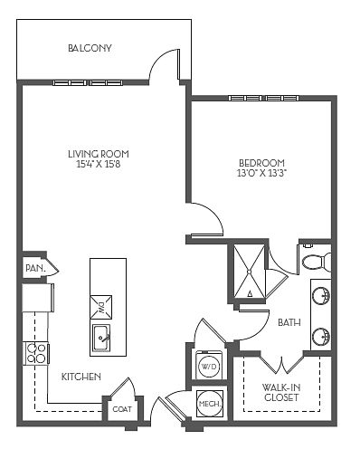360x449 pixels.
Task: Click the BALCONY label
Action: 90,48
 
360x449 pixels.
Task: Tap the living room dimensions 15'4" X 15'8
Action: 99,165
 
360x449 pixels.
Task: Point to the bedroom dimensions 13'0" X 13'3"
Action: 261,174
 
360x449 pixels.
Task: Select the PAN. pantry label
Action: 35,268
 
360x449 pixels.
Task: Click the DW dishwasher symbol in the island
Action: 101,307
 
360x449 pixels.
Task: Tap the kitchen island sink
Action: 101,338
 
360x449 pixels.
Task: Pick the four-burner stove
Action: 36,354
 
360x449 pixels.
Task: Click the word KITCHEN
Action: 81,377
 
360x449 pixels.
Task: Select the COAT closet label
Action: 122,409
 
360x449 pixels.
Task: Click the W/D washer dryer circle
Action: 209,367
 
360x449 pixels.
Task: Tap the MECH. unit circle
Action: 210,404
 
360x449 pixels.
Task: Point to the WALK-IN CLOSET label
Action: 281,392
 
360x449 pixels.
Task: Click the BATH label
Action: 289,322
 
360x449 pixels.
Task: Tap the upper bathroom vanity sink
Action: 321,294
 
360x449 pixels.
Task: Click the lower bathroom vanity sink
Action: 321,337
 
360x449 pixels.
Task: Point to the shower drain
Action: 249,272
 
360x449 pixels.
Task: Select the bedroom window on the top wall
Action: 263,98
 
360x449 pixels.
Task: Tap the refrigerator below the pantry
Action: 38,298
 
